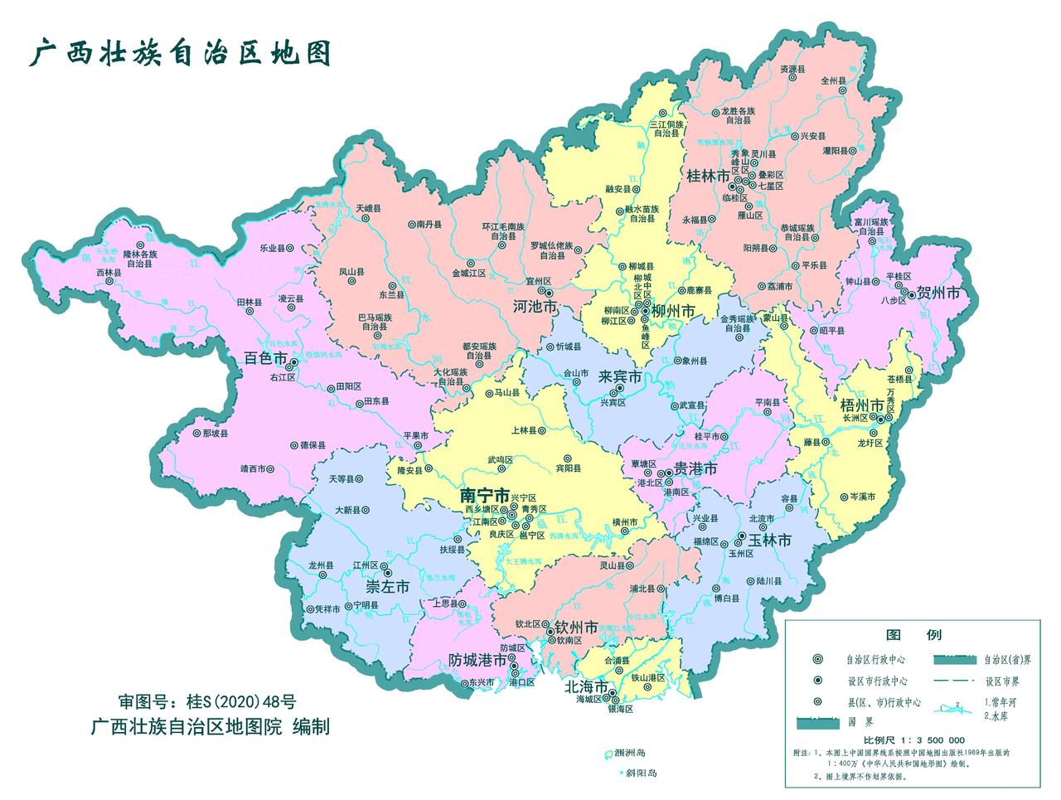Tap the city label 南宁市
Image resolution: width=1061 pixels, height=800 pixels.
(485, 496)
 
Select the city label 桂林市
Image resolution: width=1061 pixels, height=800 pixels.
(709, 177)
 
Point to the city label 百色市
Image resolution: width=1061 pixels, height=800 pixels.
(266, 360)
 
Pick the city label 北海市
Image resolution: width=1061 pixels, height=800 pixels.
(586, 687)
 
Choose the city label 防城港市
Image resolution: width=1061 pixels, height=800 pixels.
(477, 661)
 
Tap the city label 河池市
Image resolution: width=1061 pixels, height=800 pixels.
(534, 307)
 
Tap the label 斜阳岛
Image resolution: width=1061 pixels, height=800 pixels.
(641, 773)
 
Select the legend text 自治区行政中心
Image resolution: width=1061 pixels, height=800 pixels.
(875, 661)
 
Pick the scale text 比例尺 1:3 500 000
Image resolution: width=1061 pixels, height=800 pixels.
(913, 739)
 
